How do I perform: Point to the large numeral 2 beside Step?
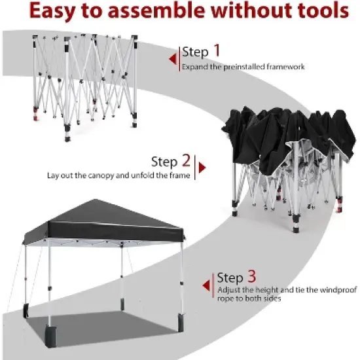187,161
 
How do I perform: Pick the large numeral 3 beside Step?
252,278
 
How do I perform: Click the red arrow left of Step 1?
173,60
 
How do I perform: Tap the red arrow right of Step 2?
202,168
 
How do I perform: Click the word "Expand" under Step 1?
194,67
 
